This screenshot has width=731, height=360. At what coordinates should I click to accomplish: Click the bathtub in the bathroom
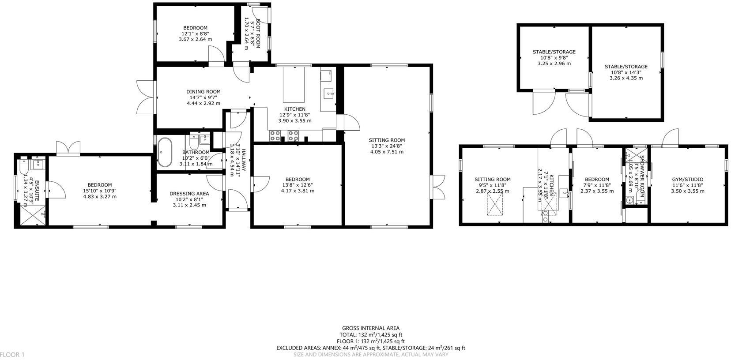(165, 153)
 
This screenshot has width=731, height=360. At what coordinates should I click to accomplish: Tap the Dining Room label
(203, 92)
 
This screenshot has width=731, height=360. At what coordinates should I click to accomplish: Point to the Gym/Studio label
(687, 179)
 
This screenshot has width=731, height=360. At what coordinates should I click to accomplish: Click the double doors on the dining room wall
(146, 97)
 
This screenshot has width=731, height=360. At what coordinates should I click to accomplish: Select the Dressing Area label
(189, 193)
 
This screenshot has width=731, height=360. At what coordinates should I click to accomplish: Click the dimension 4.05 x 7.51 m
(387, 152)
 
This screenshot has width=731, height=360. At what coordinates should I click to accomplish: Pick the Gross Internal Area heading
(371, 328)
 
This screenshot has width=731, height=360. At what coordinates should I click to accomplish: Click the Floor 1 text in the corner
(12, 355)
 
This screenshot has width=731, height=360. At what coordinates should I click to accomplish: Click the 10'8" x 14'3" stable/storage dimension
(626, 72)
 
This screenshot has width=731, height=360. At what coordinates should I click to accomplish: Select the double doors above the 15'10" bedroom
(68, 148)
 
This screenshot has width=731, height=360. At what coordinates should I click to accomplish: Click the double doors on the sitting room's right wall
(438, 187)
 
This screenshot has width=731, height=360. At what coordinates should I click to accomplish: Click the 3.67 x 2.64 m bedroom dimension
(195, 39)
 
